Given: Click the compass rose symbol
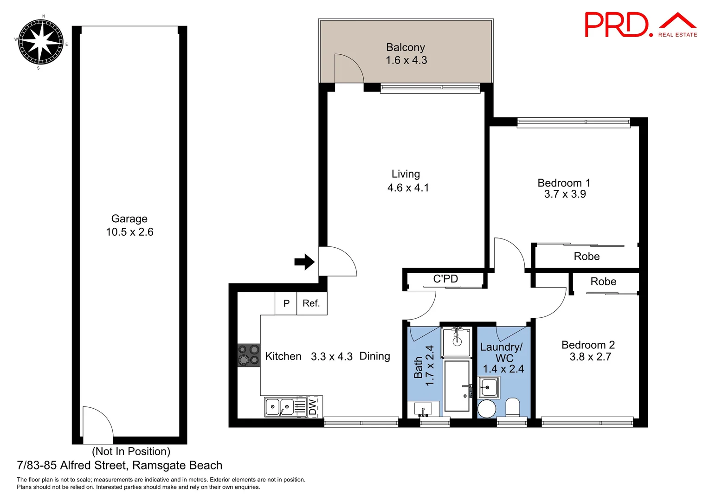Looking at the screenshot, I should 41,42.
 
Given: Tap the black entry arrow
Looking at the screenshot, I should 304,262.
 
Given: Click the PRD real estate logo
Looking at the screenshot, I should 640,26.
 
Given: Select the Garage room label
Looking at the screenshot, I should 129,219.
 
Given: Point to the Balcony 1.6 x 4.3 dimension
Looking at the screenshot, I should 406,60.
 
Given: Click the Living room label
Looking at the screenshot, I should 406,174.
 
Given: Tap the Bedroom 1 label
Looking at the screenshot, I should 564,183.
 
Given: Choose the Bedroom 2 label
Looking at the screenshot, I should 588,345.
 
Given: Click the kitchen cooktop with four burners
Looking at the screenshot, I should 249,355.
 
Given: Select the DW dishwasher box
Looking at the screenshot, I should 313,407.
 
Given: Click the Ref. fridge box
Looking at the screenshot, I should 311,303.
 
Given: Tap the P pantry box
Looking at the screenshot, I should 286,303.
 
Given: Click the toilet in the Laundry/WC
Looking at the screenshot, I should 513,408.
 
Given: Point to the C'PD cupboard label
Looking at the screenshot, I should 445,279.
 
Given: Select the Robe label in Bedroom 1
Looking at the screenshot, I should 587,257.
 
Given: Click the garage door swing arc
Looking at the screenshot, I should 98,424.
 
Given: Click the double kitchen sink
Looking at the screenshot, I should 280,407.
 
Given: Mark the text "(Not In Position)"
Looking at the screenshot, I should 131,451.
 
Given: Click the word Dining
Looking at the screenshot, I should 374,356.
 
